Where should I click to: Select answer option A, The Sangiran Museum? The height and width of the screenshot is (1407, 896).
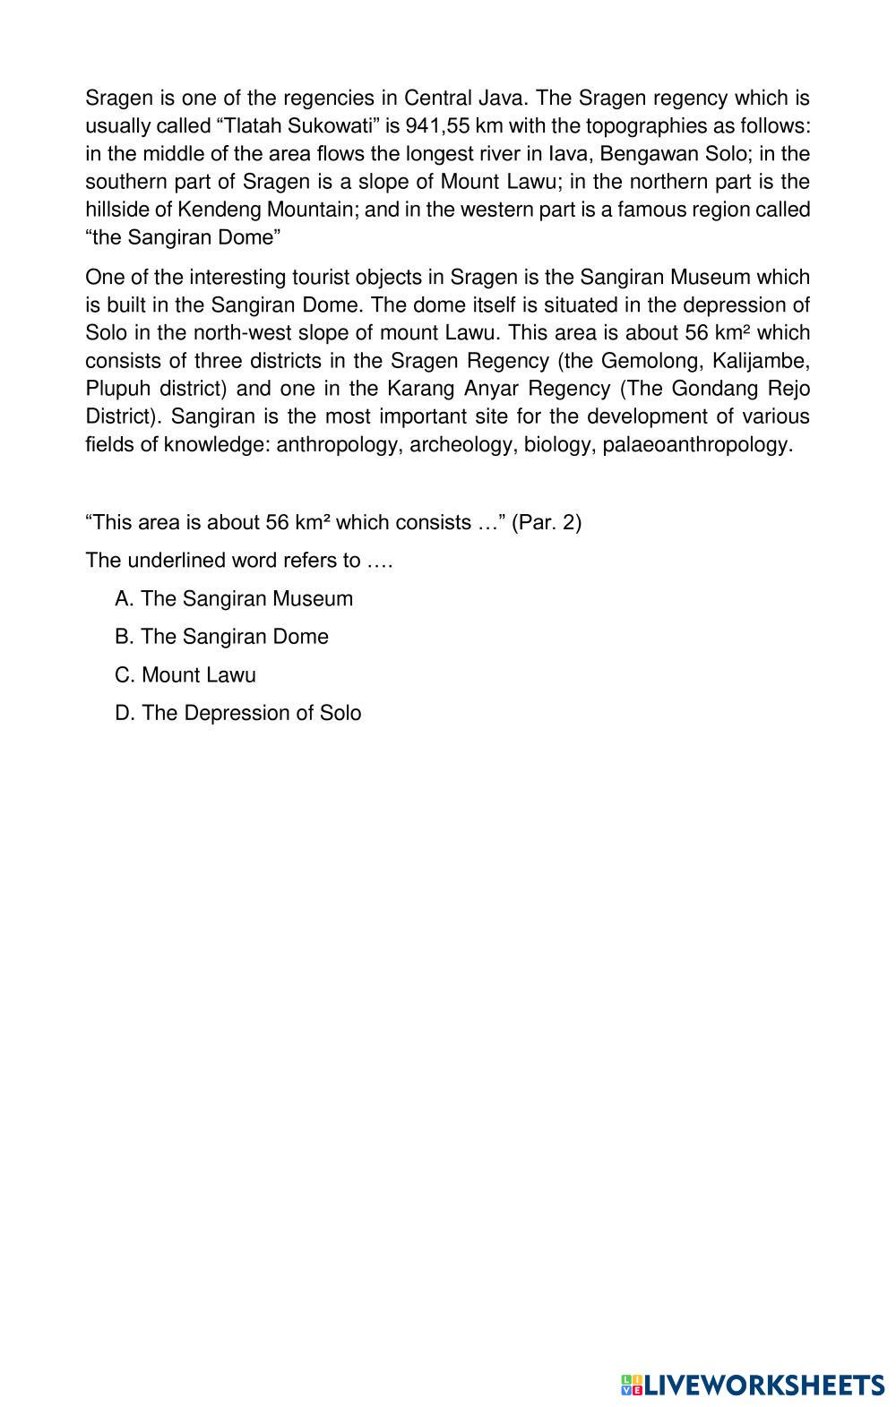(x=234, y=598)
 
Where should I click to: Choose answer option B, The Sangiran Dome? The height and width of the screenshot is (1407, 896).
(x=222, y=637)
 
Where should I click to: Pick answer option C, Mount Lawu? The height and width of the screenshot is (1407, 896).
(x=185, y=675)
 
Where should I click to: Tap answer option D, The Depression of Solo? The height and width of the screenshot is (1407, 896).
(x=238, y=713)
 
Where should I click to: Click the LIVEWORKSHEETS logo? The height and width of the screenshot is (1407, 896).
(x=753, y=1386)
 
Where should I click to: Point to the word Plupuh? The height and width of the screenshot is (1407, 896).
(x=116, y=389)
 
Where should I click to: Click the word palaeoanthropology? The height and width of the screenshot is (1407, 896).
(x=698, y=444)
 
